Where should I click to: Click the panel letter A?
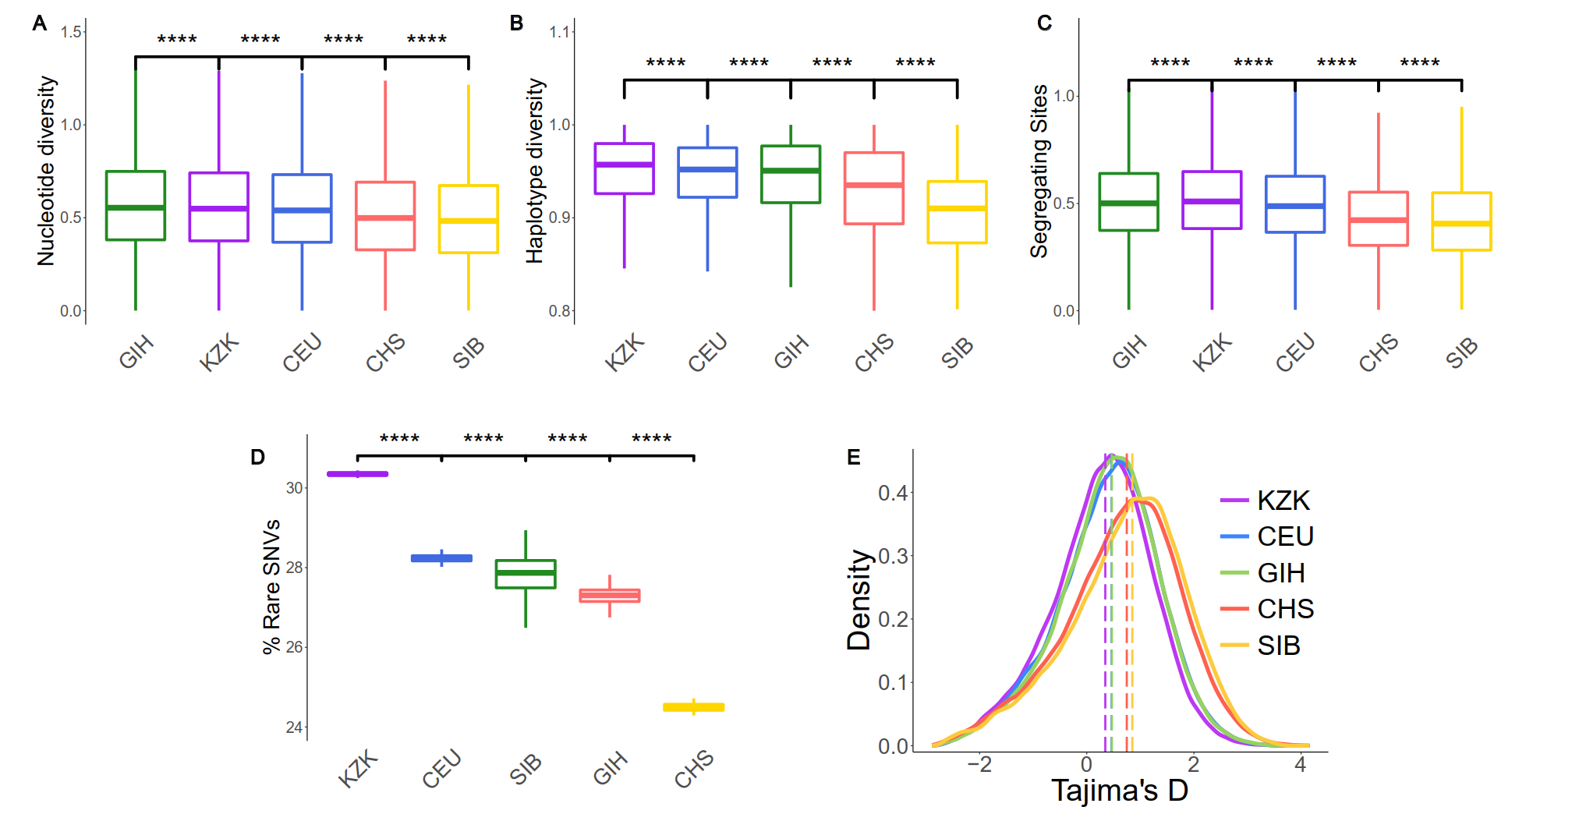click(x=40, y=23)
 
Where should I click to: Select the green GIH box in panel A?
click(x=136, y=205)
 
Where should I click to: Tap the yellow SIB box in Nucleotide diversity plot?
click(x=468, y=219)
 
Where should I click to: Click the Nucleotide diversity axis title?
click(x=47, y=171)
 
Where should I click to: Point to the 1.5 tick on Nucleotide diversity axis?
click(x=72, y=32)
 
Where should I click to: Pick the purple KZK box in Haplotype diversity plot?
click(x=624, y=168)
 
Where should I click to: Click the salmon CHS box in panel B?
click(x=873, y=188)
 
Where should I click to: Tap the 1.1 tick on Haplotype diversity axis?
click(x=560, y=32)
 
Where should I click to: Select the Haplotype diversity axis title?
click(x=535, y=171)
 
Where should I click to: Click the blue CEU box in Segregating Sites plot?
click(x=1294, y=204)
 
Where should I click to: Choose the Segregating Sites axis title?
click(x=1039, y=171)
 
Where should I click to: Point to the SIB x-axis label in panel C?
click(x=1461, y=352)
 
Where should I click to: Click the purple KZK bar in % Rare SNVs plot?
click(x=357, y=474)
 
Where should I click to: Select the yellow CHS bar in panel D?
click(x=693, y=707)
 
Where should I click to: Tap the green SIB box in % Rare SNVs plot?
click(x=526, y=574)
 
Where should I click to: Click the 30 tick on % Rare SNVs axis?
click(x=295, y=488)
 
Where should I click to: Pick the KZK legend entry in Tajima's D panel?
click(x=1267, y=501)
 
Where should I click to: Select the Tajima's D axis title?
click(x=1119, y=791)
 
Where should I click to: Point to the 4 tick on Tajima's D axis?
click(x=1300, y=765)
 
